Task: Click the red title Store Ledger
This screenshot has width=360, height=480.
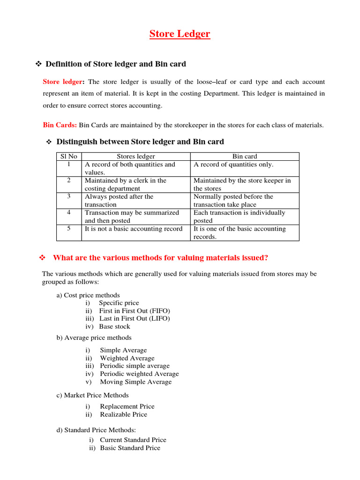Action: pos(180,34)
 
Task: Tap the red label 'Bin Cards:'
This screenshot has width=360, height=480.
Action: pos(60,125)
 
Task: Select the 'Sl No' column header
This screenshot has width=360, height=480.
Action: pos(69,157)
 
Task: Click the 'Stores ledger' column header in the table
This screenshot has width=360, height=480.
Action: pos(135,157)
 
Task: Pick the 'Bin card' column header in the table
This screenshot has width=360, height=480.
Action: pos(245,157)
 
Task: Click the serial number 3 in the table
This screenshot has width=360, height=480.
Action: pos(69,196)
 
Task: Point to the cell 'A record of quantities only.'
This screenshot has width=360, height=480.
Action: pos(233,165)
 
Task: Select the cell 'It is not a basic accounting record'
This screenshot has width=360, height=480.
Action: pos(134,229)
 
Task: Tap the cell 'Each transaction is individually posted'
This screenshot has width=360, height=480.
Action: pos(239,217)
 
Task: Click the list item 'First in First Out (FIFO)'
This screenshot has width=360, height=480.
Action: pos(135,311)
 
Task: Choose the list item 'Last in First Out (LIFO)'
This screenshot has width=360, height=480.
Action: pos(135,319)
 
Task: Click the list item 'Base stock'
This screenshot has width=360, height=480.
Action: pos(115,327)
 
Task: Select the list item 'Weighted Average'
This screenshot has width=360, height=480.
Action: pos(127,358)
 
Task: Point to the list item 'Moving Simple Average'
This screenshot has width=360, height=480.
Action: pos(135,382)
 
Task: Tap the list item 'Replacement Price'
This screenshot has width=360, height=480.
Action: pos(127,406)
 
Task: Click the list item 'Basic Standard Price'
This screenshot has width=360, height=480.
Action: pos(130,448)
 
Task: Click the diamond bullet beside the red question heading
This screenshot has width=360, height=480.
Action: pos(42,258)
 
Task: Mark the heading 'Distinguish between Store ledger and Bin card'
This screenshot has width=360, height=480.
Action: pos(140,142)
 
